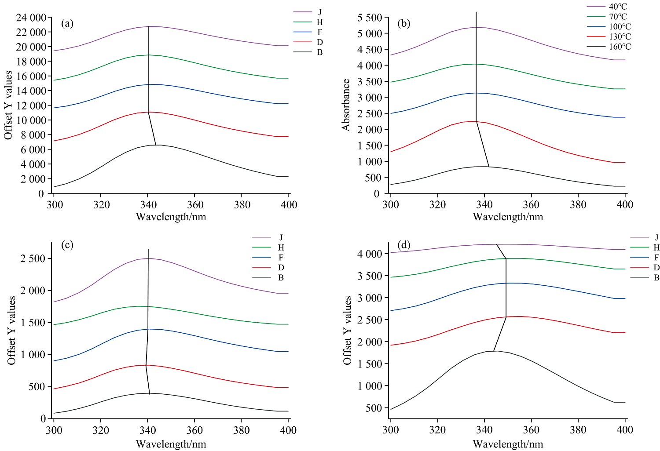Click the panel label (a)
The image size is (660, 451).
[67, 24]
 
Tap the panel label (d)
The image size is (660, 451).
[404, 244]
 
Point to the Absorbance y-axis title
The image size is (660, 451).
[346, 105]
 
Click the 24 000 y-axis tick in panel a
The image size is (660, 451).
[31, 18]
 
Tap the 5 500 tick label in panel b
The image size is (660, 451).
[370, 18]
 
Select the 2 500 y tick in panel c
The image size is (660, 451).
[33, 258]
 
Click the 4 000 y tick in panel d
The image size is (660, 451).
[370, 254]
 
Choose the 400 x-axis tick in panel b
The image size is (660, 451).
[625, 204]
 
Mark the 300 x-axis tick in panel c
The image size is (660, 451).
[54, 429]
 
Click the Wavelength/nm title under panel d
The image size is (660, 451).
[508, 444]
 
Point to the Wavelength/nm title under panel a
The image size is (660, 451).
[171, 217]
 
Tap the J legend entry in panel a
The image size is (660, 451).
[319, 12]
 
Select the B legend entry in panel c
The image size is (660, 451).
[281, 278]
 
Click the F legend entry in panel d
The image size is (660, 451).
[656, 258]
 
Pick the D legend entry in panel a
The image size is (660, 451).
[319, 42]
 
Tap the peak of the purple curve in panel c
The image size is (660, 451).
[148, 258]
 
